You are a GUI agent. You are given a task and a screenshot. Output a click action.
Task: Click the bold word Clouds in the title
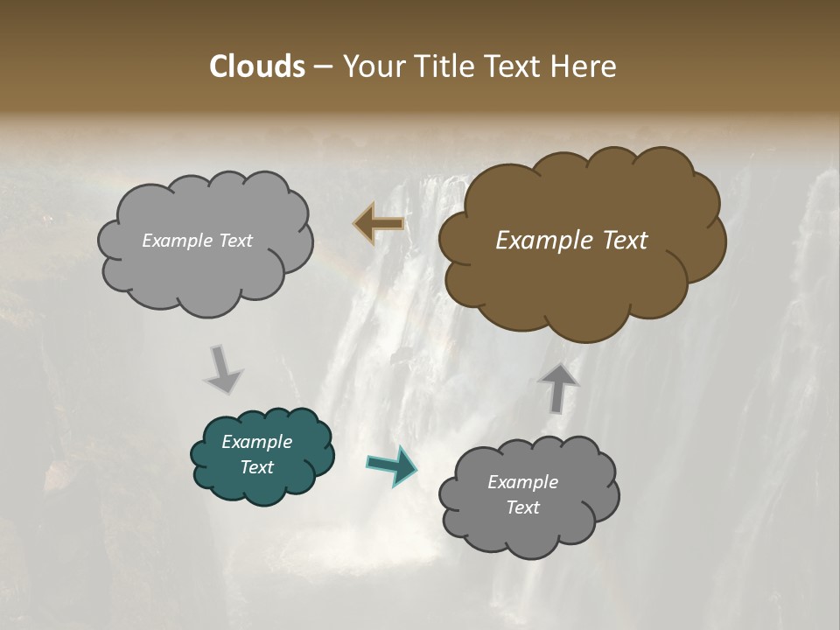[x=257, y=66]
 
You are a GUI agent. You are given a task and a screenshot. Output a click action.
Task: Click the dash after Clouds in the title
[x=322, y=67]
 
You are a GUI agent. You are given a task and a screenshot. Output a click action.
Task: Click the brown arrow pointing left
[x=379, y=224]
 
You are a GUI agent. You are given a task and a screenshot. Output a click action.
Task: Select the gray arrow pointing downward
[x=222, y=369]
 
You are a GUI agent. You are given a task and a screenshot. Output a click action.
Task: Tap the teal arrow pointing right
[x=391, y=465]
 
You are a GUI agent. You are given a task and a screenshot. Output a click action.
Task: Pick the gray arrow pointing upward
[x=557, y=388]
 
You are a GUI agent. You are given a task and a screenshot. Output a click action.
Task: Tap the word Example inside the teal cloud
[x=256, y=442]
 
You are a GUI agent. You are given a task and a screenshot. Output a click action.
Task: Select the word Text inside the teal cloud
[x=256, y=467]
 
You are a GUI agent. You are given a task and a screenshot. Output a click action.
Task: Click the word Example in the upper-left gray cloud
[x=176, y=241]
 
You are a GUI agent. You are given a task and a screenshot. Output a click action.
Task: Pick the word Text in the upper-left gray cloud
[x=234, y=241]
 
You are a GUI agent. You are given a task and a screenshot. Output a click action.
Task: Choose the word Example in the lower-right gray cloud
[x=522, y=482]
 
